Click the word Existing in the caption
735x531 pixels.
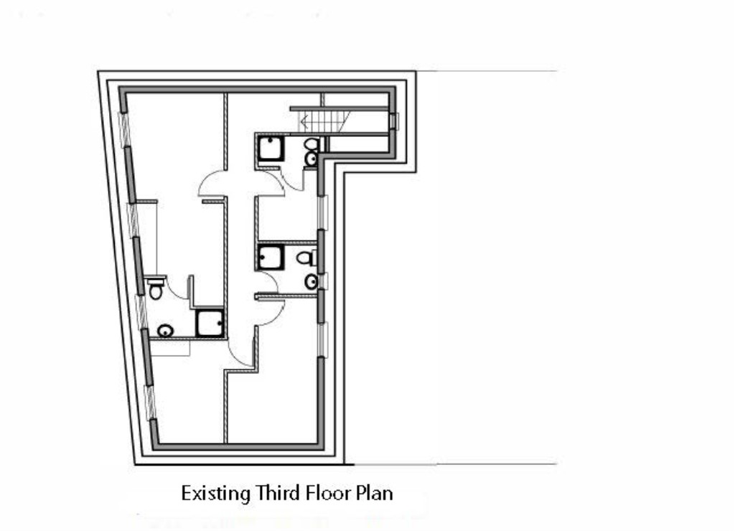pos(211,494)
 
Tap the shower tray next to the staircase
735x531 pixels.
pos(271,149)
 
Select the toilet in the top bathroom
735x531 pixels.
pos(312,145)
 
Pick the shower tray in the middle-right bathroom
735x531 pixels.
pos(271,257)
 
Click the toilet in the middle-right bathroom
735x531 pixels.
pos(306,257)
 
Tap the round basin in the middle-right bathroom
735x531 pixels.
pos(311,282)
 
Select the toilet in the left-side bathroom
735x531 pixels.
pos(156,290)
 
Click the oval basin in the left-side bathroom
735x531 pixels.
pos(165,331)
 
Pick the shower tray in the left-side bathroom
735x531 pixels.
pos(210,324)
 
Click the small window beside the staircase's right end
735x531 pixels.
pos(393,121)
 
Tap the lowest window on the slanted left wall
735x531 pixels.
pos(150,403)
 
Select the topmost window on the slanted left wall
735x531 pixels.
pos(124,128)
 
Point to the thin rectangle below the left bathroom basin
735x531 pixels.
pos(172,348)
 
